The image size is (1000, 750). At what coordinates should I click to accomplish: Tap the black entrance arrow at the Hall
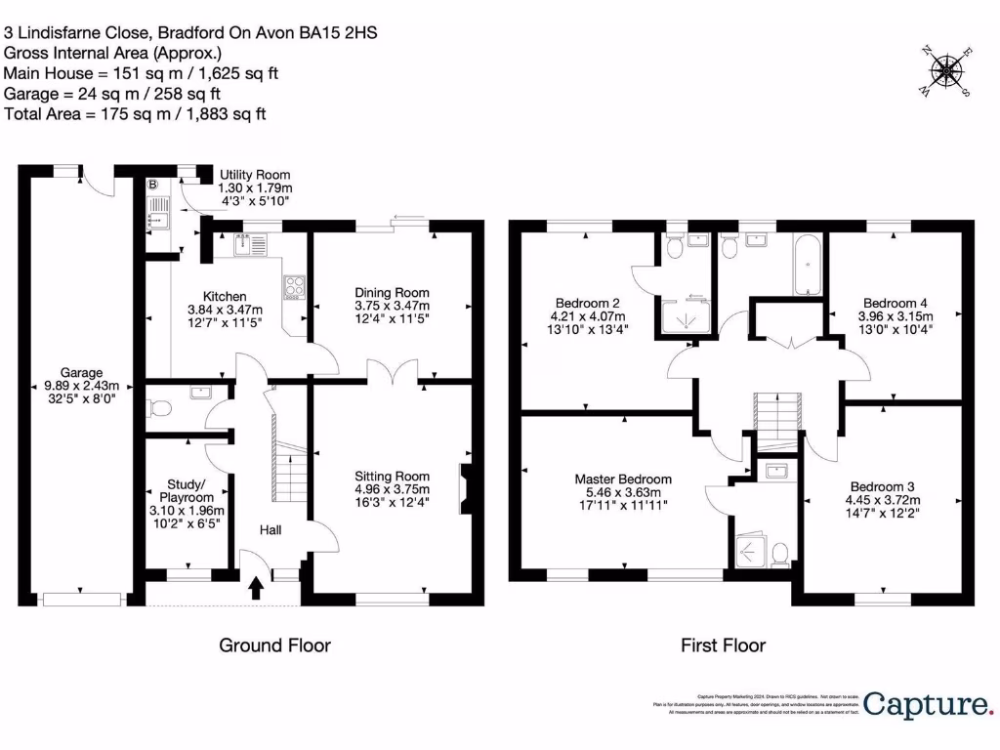pos(257,588)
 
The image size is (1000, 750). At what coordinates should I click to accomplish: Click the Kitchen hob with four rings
pos(294,286)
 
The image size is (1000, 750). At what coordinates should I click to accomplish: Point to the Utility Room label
pos(255,175)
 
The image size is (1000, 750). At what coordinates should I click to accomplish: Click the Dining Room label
pos(392,293)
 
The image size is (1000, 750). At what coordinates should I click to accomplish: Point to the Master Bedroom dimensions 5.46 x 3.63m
pos(623,493)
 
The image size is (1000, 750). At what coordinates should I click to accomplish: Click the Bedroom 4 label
pos(895,302)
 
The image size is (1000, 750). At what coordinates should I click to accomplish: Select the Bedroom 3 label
pos(883,487)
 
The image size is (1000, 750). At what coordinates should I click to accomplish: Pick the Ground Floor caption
pos(274,646)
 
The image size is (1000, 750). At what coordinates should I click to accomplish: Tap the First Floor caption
pos(723,646)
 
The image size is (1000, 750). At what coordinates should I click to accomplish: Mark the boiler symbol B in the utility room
pos(151,184)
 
